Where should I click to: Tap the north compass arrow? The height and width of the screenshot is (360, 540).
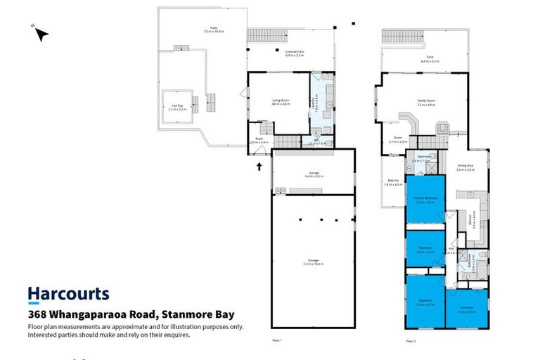pos(41,33)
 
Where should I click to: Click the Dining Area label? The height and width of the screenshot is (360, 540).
pos(466,167)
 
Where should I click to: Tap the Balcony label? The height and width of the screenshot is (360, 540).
pos(393,183)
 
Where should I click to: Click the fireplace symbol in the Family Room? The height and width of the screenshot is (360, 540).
pos(443,128)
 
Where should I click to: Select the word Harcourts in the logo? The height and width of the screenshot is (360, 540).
pos(68,294)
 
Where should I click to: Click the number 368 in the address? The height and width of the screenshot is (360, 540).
pos(38,315)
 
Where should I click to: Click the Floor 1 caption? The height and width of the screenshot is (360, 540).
pos(276,340)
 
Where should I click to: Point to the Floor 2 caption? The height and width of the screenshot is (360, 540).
pos(411,340)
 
